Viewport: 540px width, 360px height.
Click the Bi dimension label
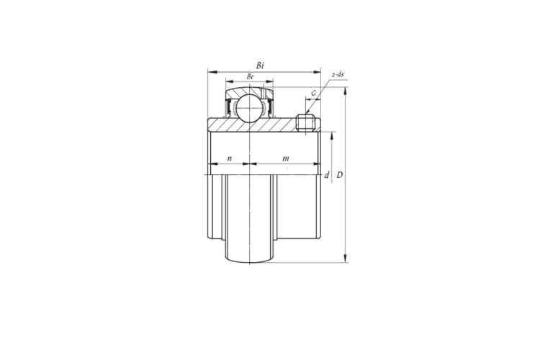(260, 65)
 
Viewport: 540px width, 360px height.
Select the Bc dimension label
(250, 76)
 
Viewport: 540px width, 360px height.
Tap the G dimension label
(314, 93)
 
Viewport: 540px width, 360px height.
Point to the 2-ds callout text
(338, 74)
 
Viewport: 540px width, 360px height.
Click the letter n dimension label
(230, 158)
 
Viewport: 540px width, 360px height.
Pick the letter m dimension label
(286, 158)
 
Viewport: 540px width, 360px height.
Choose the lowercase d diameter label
(327, 175)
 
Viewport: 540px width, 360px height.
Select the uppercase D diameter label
(340, 175)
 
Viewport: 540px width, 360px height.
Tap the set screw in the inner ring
(305, 123)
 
